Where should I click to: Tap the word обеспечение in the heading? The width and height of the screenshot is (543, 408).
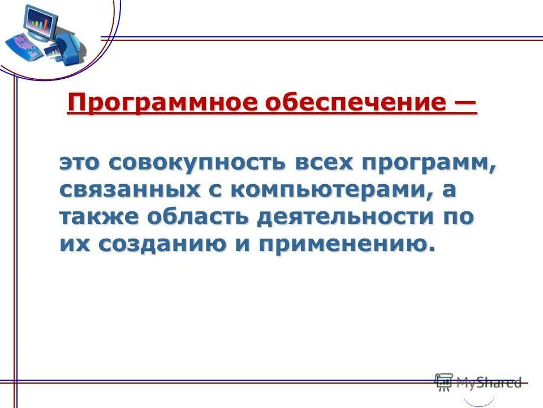[x=365, y=103]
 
